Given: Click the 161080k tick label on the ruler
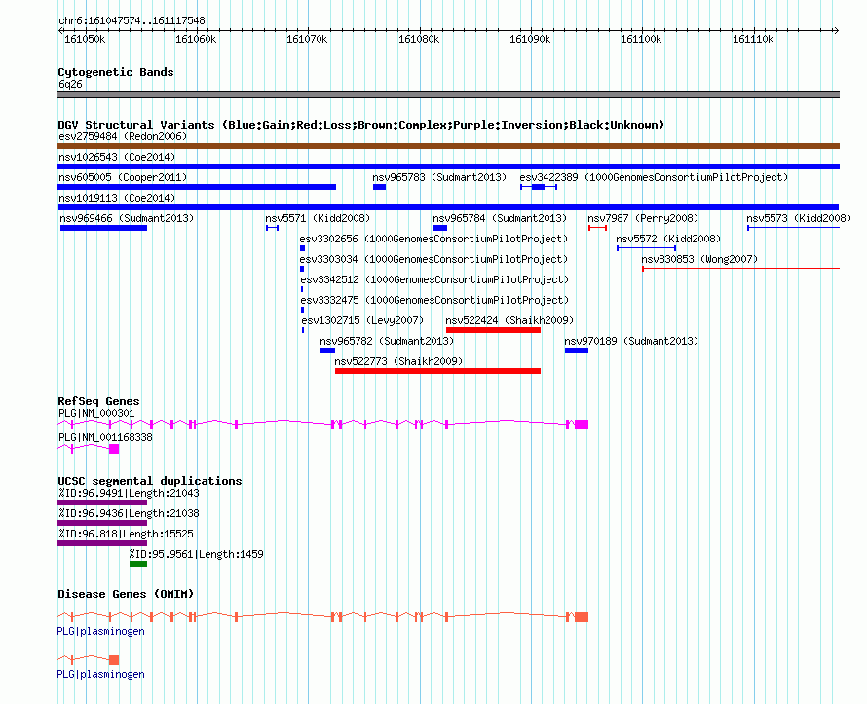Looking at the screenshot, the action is point(419,39).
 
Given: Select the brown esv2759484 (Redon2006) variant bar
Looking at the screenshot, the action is point(448,146).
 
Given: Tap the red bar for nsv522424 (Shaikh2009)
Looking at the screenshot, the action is point(493,330).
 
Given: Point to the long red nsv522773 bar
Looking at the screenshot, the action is point(438,371).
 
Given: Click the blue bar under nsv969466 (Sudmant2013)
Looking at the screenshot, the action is point(103,228).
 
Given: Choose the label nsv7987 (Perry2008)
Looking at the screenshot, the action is point(643,218).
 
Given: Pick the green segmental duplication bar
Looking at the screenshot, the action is point(138,564).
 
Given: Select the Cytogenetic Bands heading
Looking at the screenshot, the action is point(116,72).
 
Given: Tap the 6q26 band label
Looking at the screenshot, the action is point(70,84).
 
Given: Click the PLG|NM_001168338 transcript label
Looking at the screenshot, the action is point(105,437).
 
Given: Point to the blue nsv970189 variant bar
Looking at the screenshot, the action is point(576,351).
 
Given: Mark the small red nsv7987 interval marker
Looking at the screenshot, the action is point(598,228).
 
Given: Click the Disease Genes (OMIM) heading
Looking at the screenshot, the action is point(126,594).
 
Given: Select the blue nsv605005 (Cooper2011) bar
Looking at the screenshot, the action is point(197,187).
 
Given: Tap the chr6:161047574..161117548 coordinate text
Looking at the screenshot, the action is point(132,20).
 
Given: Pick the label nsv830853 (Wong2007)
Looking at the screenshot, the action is point(699,259).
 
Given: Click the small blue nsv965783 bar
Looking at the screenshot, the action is point(379,187).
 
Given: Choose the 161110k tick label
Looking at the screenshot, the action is point(753,39).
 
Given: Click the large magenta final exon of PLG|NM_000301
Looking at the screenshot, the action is point(582,425).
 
